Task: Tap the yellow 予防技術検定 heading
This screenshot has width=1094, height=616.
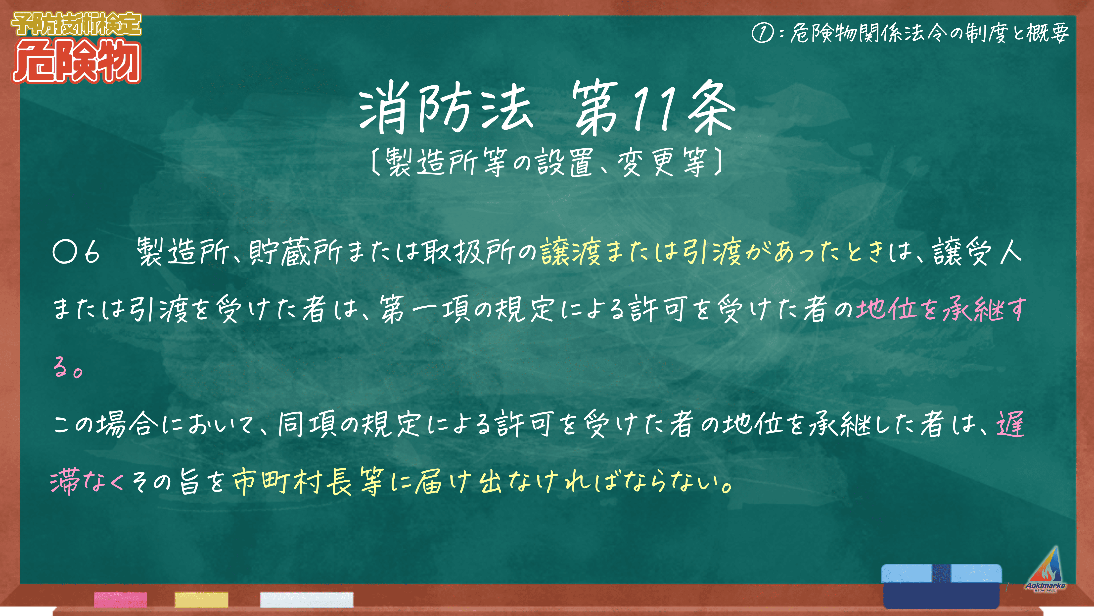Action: pos(76,24)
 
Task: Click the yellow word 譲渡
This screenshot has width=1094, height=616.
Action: pos(570,252)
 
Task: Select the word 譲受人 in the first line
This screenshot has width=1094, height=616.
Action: pos(977,252)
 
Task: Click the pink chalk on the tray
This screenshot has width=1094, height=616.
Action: pos(121,599)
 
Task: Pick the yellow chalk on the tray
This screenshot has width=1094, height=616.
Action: pos(201,599)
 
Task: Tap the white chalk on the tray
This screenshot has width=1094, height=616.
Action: pos(307,599)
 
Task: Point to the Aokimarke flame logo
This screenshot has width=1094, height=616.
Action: pos(1045,570)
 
